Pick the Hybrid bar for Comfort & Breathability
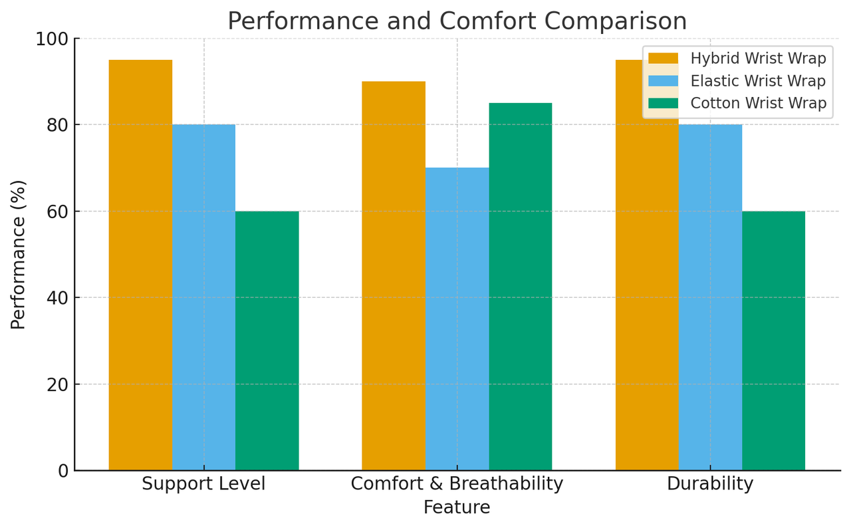394,275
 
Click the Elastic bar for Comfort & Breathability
457,319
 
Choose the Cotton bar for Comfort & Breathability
520,287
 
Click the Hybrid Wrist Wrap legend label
758,59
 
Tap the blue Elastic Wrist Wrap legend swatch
663,81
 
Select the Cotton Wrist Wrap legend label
758,103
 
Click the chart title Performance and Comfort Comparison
457,21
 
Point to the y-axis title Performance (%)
19,254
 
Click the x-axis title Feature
457,507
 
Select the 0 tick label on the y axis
63,471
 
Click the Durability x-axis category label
710,483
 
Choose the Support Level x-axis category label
203,483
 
